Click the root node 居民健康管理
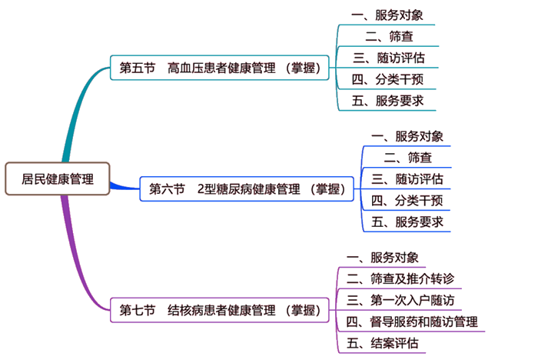(58, 179)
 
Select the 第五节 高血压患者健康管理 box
(220, 68)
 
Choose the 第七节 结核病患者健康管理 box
(220, 311)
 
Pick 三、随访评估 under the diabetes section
(407, 179)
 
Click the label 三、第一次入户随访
(400, 299)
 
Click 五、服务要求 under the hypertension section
(387, 100)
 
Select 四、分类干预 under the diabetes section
(407, 201)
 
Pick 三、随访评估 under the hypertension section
(387, 57)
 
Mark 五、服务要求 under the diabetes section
(407, 222)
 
